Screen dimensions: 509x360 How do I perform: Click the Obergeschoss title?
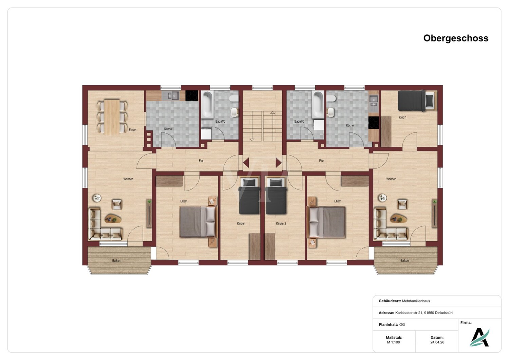[x=456, y=38]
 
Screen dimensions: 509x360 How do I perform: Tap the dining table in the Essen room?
[x=112, y=117]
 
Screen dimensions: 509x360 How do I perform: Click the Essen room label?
[x=132, y=130]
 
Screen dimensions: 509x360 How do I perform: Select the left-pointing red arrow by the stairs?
[x=246, y=163]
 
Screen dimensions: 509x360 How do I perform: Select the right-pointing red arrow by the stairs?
[x=279, y=163]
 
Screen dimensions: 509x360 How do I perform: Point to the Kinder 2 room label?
[x=281, y=223]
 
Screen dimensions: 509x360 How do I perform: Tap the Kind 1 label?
[x=403, y=118]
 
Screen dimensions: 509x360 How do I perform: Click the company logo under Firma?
[x=479, y=337]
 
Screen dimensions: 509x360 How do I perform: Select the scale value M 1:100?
[x=393, y=342]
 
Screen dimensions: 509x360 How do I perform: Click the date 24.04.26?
[x=437, y=342]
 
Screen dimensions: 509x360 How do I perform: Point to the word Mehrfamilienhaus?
[x=416, y=301]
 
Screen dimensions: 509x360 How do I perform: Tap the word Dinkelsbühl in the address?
[x=443, y=313]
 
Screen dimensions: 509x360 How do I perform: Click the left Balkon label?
[x=116, y=260]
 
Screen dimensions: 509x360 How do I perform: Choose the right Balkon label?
[x=404, y=260]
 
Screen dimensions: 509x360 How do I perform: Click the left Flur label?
[x=201, y=161]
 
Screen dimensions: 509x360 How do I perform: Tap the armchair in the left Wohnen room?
[x=117, y=204]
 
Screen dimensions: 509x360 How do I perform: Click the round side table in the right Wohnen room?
[x=382, y=198]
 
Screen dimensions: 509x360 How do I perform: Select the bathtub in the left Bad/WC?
[x=207, y=105]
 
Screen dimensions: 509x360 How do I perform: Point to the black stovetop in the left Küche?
[x=192, y=95]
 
